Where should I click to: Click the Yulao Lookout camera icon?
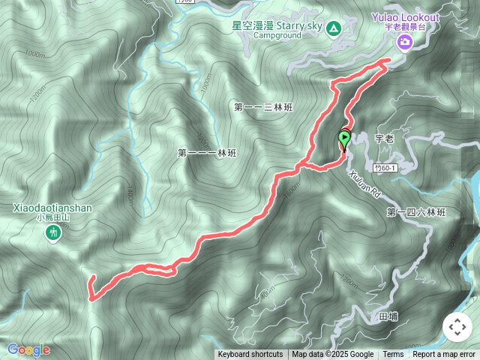[x=404, y=42]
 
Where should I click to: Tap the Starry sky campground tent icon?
[x=334, y=29]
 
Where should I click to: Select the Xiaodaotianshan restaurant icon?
[x=52, y=234]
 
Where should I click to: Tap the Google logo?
[x=28, y=349]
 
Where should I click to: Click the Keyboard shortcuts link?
[x=250, y=355]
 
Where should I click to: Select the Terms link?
[x=393, y=355]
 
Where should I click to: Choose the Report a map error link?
[x=444, y=355]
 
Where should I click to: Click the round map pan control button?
[x=457, y=327]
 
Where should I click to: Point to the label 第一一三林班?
[x=263, y=107]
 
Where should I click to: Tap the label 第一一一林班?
[x=207, y=153]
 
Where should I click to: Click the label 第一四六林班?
[x=416, y=213]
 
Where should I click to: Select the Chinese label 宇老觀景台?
[x=405, y=27]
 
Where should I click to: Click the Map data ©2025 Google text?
[x=333, y=355]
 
